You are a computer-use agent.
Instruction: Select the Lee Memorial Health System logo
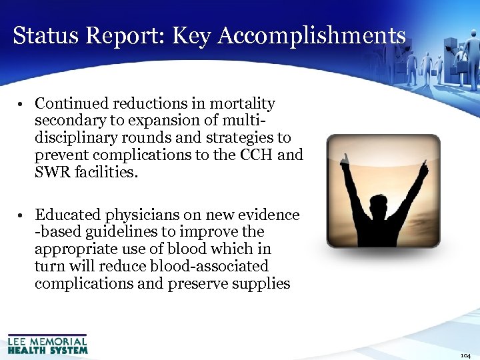tap(47, 344)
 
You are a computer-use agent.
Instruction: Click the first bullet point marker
tap(22, 105)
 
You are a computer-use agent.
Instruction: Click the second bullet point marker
tap(22, 216)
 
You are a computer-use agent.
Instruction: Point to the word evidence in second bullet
tap(267, 215)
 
